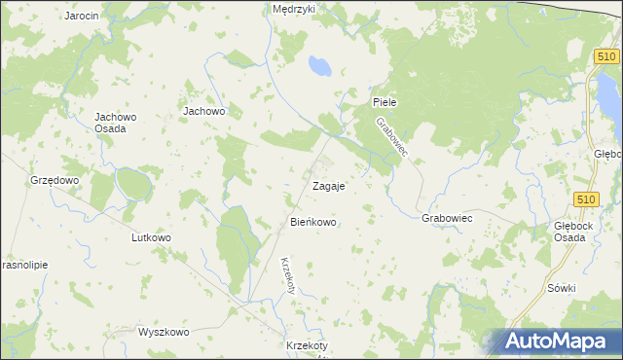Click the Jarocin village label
[82, 17]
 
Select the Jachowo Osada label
[115, 124]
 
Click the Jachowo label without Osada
[204, 111]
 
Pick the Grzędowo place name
[54, 181]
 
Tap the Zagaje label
[328, 185]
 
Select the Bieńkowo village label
[313, 223]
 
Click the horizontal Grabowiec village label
[447, 219]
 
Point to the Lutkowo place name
[151, 237]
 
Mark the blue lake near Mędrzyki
[318, 66]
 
